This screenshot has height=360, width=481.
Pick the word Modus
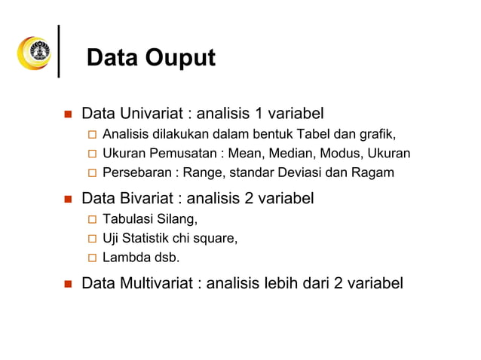pyautogui.click(x=347, y=154)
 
